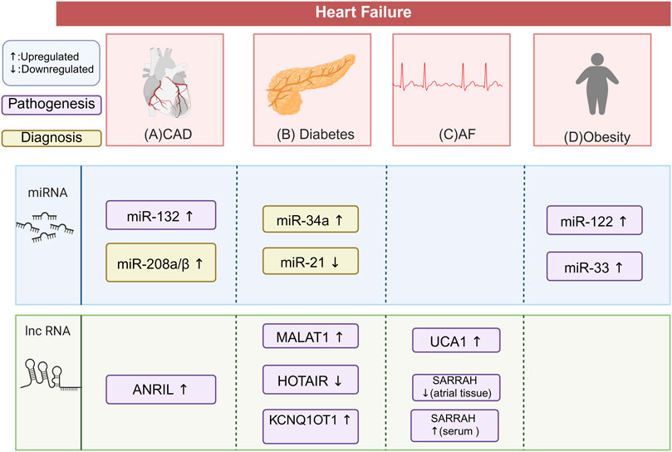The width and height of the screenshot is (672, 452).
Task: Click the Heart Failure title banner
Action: pos(362,12)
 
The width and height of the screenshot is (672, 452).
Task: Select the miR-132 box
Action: pos(160,215)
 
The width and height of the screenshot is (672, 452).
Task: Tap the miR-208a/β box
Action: pos(160,261)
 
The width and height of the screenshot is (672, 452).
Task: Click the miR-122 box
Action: pos(593,221)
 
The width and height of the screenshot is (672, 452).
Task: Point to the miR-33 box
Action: pos(593,266)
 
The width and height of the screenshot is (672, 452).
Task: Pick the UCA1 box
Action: pos(454,341)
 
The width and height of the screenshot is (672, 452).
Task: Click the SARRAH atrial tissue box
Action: pos(454,386)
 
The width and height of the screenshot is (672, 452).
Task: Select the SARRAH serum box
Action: pos(454,425)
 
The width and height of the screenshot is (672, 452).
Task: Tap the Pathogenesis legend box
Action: pos(52,106)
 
